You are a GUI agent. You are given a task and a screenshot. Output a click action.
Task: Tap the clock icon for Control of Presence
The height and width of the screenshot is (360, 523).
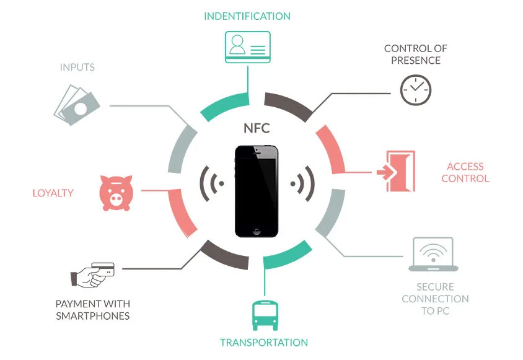(x=415, y=90)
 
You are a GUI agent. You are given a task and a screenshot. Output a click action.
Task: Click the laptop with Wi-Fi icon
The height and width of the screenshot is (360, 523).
(x=433, y=255)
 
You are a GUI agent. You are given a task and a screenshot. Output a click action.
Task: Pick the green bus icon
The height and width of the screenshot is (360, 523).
(x=264, y=315)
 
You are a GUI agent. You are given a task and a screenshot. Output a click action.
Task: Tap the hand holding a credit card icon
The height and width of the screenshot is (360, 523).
(x=93, y=274)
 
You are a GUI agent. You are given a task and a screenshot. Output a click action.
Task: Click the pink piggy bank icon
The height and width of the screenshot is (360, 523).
(x=117, y=192)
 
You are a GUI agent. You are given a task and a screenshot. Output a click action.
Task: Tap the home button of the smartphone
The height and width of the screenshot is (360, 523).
(x=257, y=230)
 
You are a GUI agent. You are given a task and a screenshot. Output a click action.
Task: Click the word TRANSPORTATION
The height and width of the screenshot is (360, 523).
(x=264, y=343)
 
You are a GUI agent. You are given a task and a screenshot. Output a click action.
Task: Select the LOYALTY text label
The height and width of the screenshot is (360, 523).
(x=53, y=193)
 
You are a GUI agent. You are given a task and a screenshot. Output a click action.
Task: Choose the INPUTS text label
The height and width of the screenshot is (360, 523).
(x=77, y=67)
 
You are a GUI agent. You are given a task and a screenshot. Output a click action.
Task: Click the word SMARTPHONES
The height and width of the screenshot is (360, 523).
(x=93, y=316)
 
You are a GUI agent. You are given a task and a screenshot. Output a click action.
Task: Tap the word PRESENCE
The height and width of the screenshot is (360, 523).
(x=416, y=61)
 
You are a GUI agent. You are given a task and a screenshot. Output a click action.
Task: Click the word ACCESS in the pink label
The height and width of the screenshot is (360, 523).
(x=465, y=166)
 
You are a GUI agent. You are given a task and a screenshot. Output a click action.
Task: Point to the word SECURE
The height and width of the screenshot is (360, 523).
(x=435, y=287)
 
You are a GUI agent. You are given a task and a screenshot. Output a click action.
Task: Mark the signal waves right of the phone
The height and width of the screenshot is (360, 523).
(x=303, y=183)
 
